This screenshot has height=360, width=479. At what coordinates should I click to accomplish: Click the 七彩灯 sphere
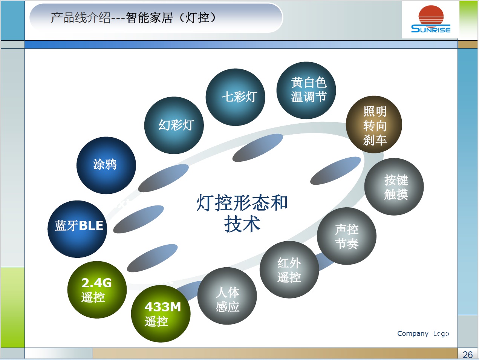(235, 97)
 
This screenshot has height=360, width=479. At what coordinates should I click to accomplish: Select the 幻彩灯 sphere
(174, 125)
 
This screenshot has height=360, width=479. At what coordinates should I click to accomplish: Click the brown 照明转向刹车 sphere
(374, 125)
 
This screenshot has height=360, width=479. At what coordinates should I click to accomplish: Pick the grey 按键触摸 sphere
(394, 187)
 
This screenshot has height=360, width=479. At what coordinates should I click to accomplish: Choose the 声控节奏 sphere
(346, 236)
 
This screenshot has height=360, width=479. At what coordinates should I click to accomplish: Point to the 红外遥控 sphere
(289, 270)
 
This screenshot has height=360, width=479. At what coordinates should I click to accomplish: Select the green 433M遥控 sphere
(161, 314)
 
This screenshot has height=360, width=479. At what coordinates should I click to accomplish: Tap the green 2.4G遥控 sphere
(97, 290)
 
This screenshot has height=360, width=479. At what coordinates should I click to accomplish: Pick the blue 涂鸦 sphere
(106, 165)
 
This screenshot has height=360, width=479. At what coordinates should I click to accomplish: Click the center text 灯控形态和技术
(242, 213)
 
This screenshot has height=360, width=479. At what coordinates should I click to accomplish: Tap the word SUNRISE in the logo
(431, 29)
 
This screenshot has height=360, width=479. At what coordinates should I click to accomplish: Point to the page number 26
(467, 355)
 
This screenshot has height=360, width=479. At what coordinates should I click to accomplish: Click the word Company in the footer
(413, 334)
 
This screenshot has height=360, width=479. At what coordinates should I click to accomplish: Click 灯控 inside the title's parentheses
(197, 18)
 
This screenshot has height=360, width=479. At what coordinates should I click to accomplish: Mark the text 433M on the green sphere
(163, 307)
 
